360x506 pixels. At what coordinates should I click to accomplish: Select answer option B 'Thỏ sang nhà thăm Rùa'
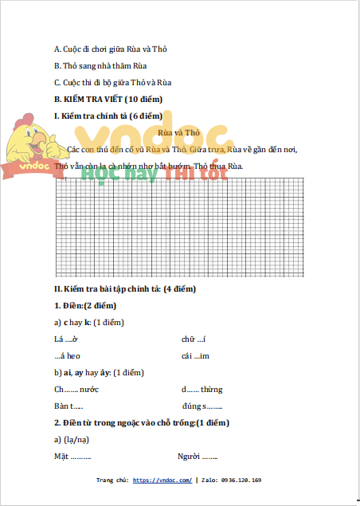click(100, 65)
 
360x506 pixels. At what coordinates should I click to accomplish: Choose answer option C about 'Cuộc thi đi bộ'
click(112, 82)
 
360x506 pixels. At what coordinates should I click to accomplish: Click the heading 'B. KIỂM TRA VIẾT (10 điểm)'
click(108, 99)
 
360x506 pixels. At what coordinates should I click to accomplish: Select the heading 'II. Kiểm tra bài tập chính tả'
click(124, 288)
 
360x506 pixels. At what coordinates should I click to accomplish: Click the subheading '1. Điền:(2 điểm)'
click(85, 305)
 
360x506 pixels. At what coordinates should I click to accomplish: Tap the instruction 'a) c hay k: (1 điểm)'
click(89, 322)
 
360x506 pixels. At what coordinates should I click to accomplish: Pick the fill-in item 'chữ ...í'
click(194, 339)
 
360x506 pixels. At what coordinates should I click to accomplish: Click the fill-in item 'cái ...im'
click(195, 355)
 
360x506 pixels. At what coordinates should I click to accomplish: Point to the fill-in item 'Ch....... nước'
click(76, 389)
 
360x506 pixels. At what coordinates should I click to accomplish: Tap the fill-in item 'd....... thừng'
click(202, 389)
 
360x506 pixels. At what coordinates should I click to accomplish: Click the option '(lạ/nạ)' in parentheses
click(77, 439)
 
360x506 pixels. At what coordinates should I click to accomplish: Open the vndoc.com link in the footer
click(162, 481)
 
